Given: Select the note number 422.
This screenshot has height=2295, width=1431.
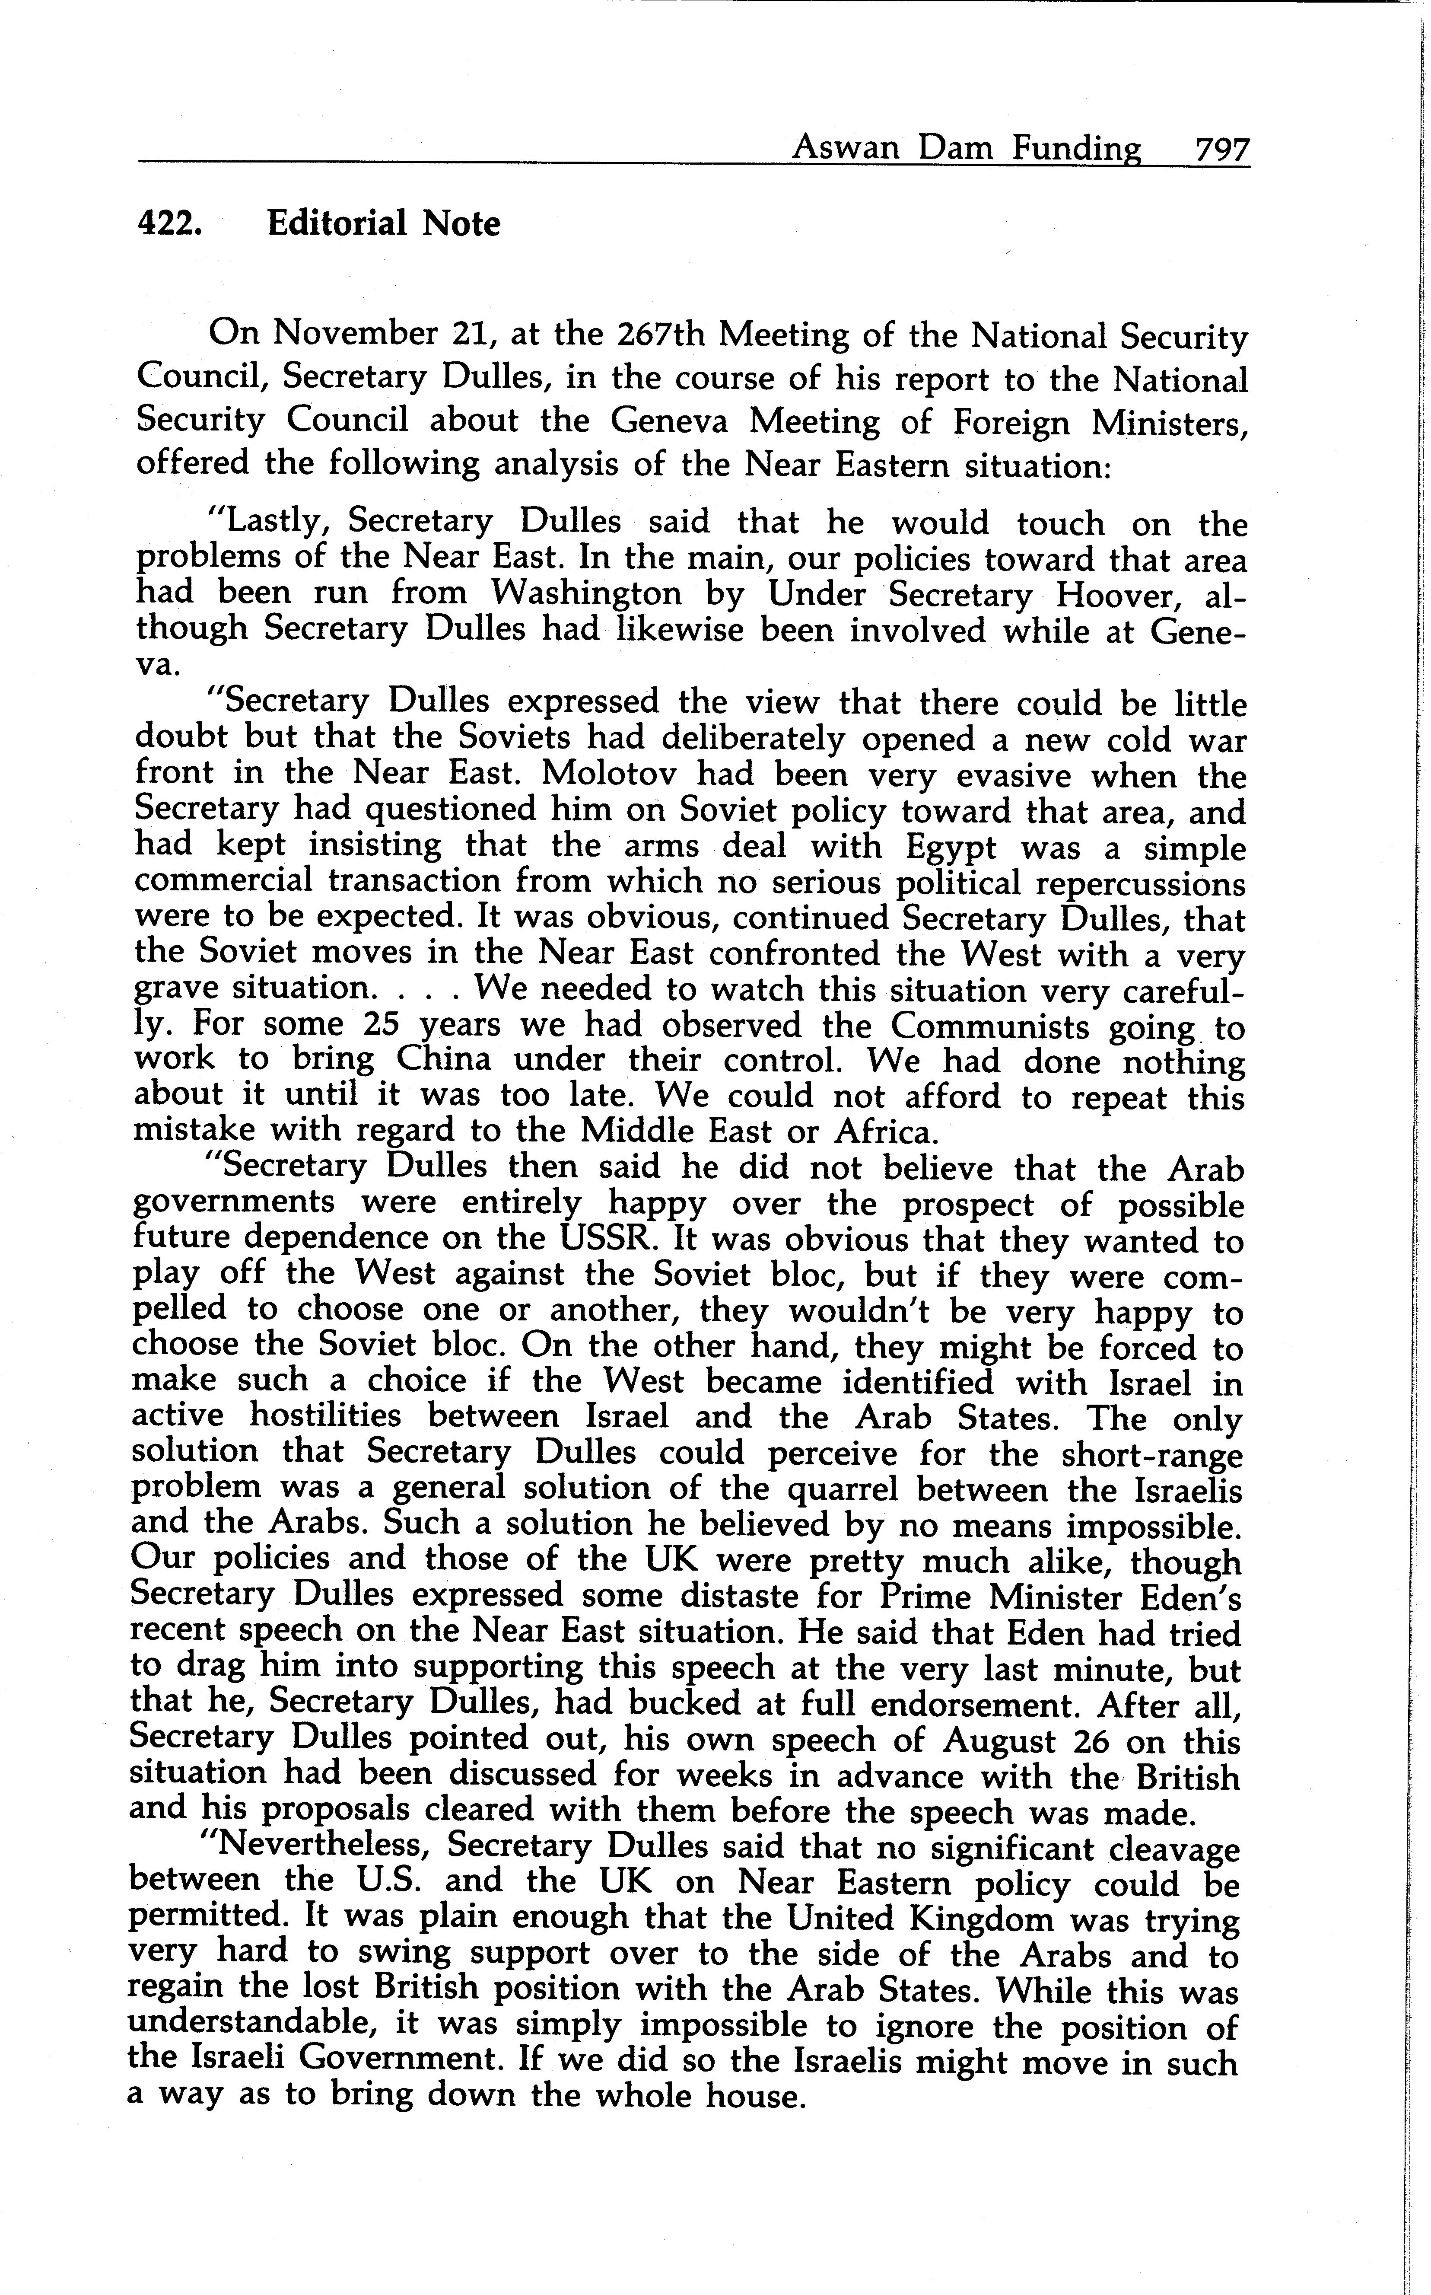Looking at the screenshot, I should click(169, 223).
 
